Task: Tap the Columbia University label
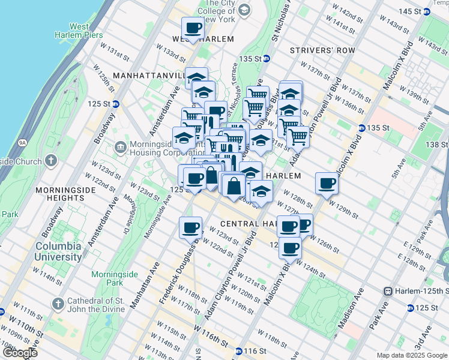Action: (x=58, y=251)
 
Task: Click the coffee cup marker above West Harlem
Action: (x=193, y=28)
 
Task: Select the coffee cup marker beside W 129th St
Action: (x=327, y=183)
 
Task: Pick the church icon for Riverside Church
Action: (x=51, y=161)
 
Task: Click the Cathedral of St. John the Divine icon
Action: (x=58, y=304)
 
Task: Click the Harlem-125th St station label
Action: (x=417, y=291)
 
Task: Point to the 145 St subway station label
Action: (x=417, y=11)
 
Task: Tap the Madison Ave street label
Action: (x=351, y=308)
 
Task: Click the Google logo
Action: (x=19, y=353)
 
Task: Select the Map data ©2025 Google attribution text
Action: (x=411, y=355)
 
